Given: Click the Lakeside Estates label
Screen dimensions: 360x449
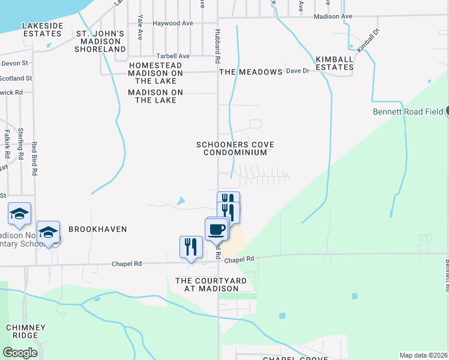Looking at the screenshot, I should point(42,30).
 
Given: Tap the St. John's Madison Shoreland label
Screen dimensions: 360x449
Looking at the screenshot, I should point(100,41).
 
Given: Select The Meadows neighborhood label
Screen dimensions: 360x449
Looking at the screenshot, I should point(250,72).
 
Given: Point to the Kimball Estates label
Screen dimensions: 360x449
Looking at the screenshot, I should point(334,63).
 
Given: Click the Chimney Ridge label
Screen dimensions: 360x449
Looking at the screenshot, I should point(25,331).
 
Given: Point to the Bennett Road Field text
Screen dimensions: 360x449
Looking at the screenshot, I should point(408,111).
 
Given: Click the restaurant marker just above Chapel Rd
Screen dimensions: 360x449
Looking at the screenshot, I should point(191,246).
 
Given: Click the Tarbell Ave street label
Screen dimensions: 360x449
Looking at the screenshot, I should point(172,56).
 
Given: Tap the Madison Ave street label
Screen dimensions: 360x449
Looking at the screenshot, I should point(334,17).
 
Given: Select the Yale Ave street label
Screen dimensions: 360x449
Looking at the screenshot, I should point(140,27).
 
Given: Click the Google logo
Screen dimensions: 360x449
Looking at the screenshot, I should point(20,352).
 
